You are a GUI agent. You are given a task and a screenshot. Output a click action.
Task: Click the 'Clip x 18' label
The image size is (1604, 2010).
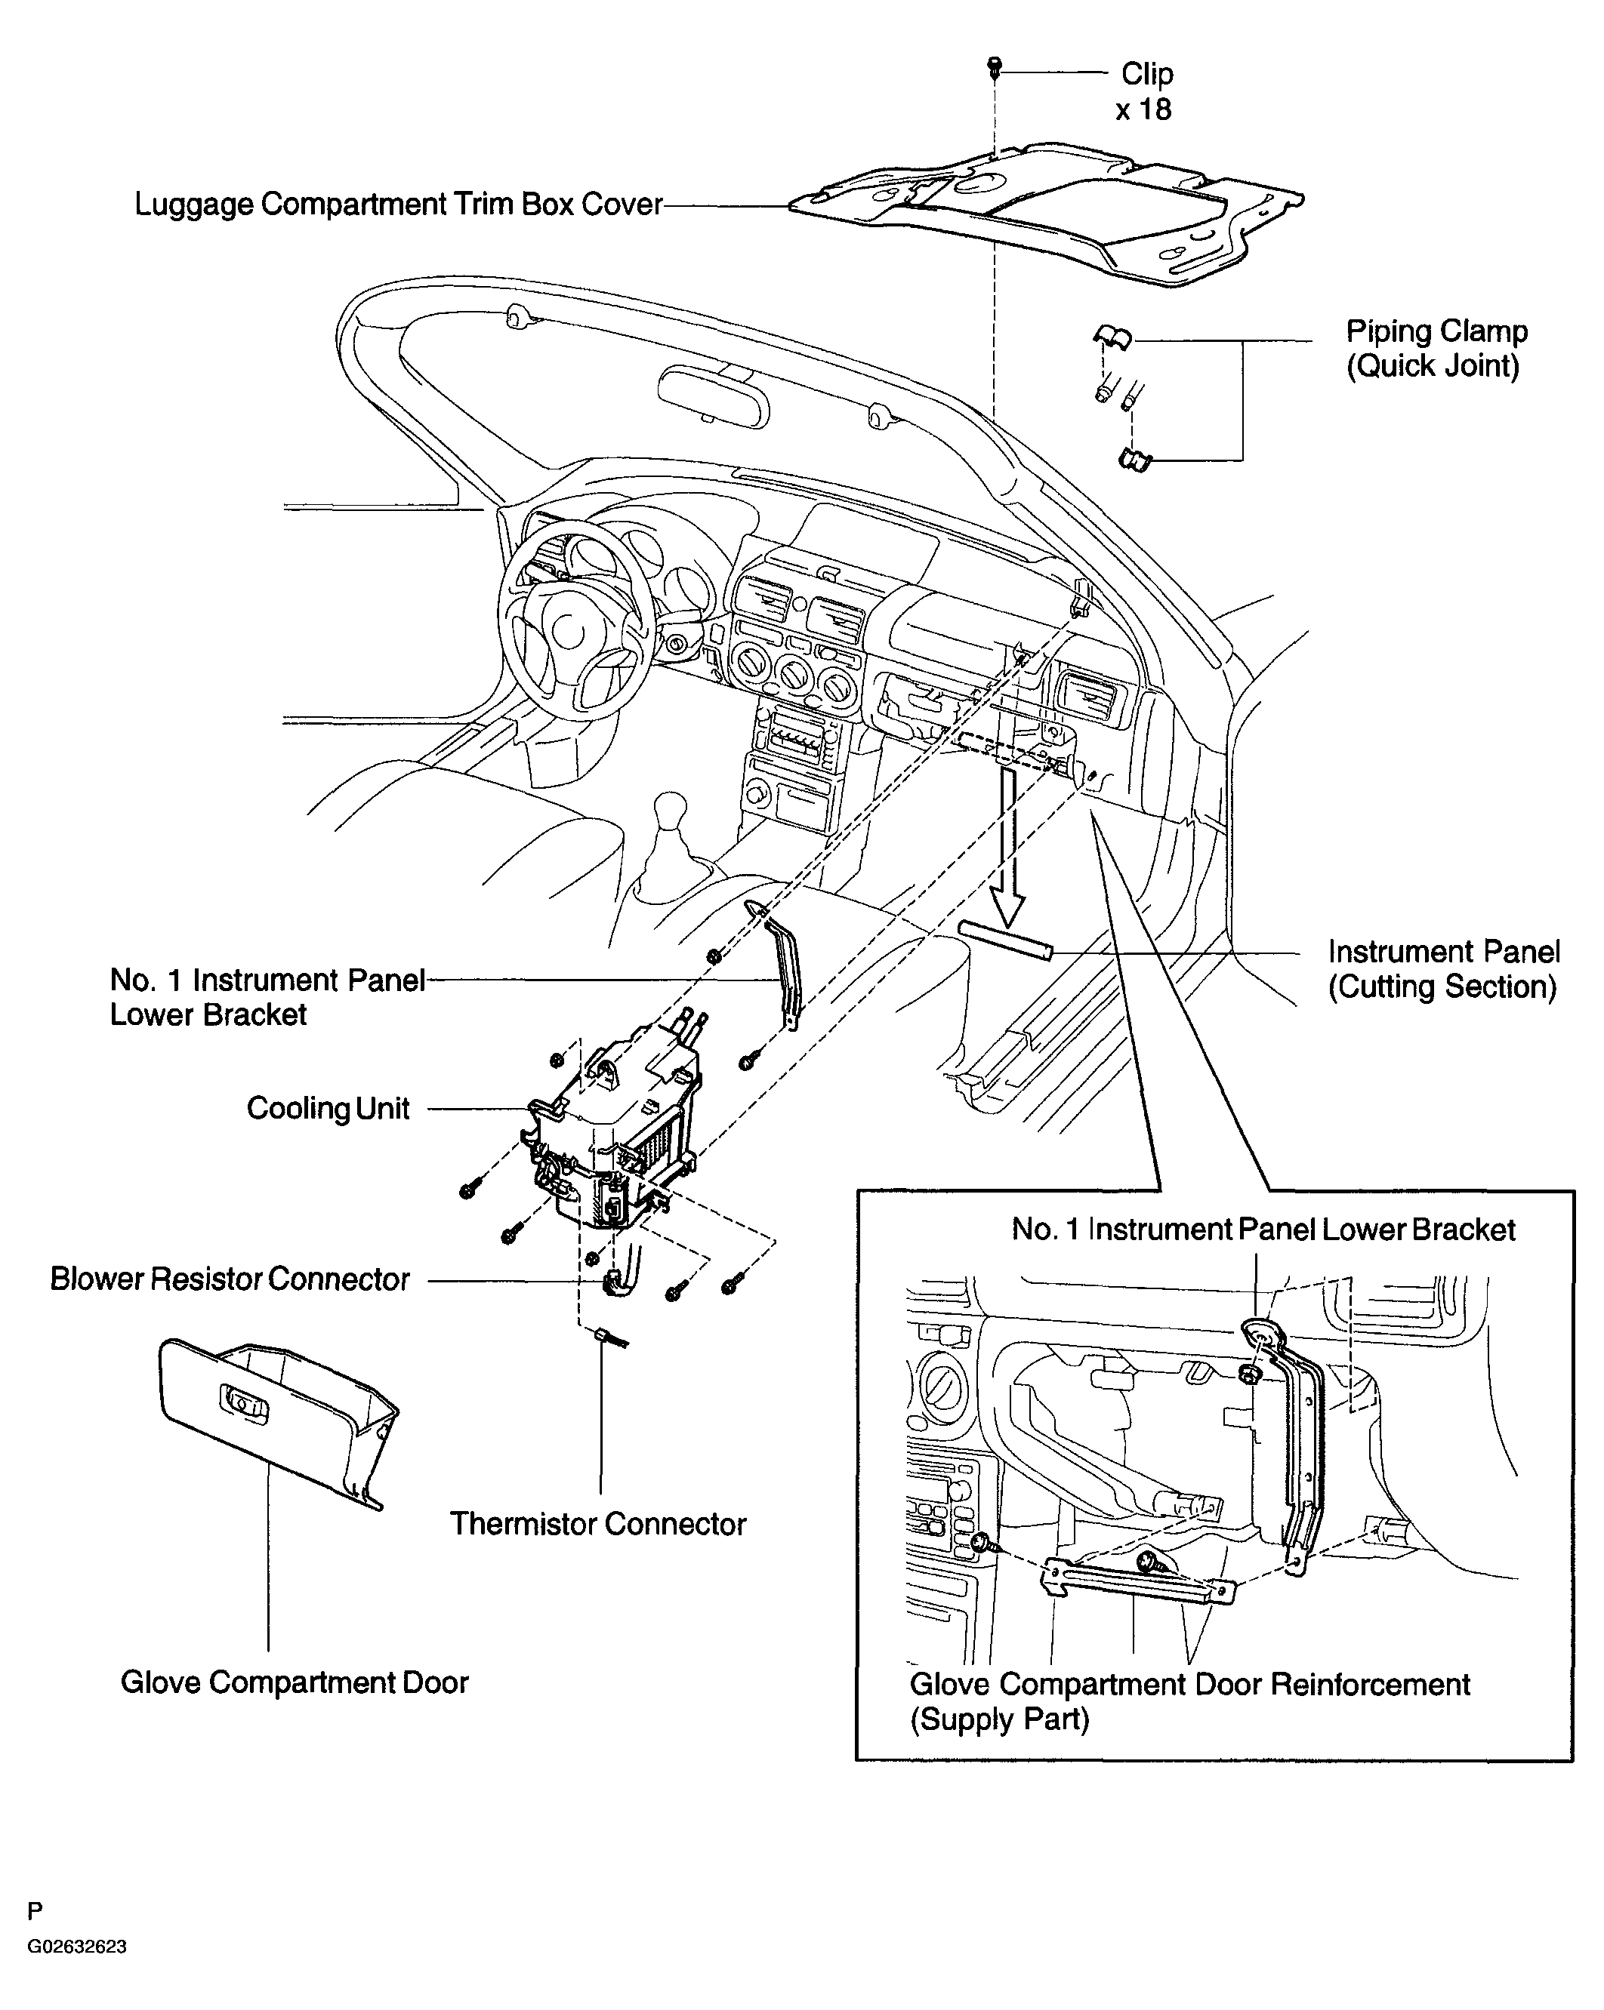(1144, 91)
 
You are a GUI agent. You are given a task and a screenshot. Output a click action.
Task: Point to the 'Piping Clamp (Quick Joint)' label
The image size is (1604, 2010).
(1436, 348)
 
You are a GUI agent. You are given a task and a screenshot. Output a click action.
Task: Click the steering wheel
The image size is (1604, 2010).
(572, 619)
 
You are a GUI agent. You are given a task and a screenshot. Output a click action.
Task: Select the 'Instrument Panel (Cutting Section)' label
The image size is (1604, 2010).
(1442, 968)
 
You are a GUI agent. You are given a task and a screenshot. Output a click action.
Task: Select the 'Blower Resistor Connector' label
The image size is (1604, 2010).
(230, 1279)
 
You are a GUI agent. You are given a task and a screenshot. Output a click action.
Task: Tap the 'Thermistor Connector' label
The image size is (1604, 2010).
(598, 1524)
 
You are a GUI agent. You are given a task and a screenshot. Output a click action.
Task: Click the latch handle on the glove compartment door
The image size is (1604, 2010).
(242, 1404)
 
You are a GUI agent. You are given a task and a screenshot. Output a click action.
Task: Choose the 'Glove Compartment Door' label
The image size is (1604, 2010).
(295, 1682)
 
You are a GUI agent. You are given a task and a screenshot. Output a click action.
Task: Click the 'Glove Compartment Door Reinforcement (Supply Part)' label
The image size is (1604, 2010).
(1190, 1701)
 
